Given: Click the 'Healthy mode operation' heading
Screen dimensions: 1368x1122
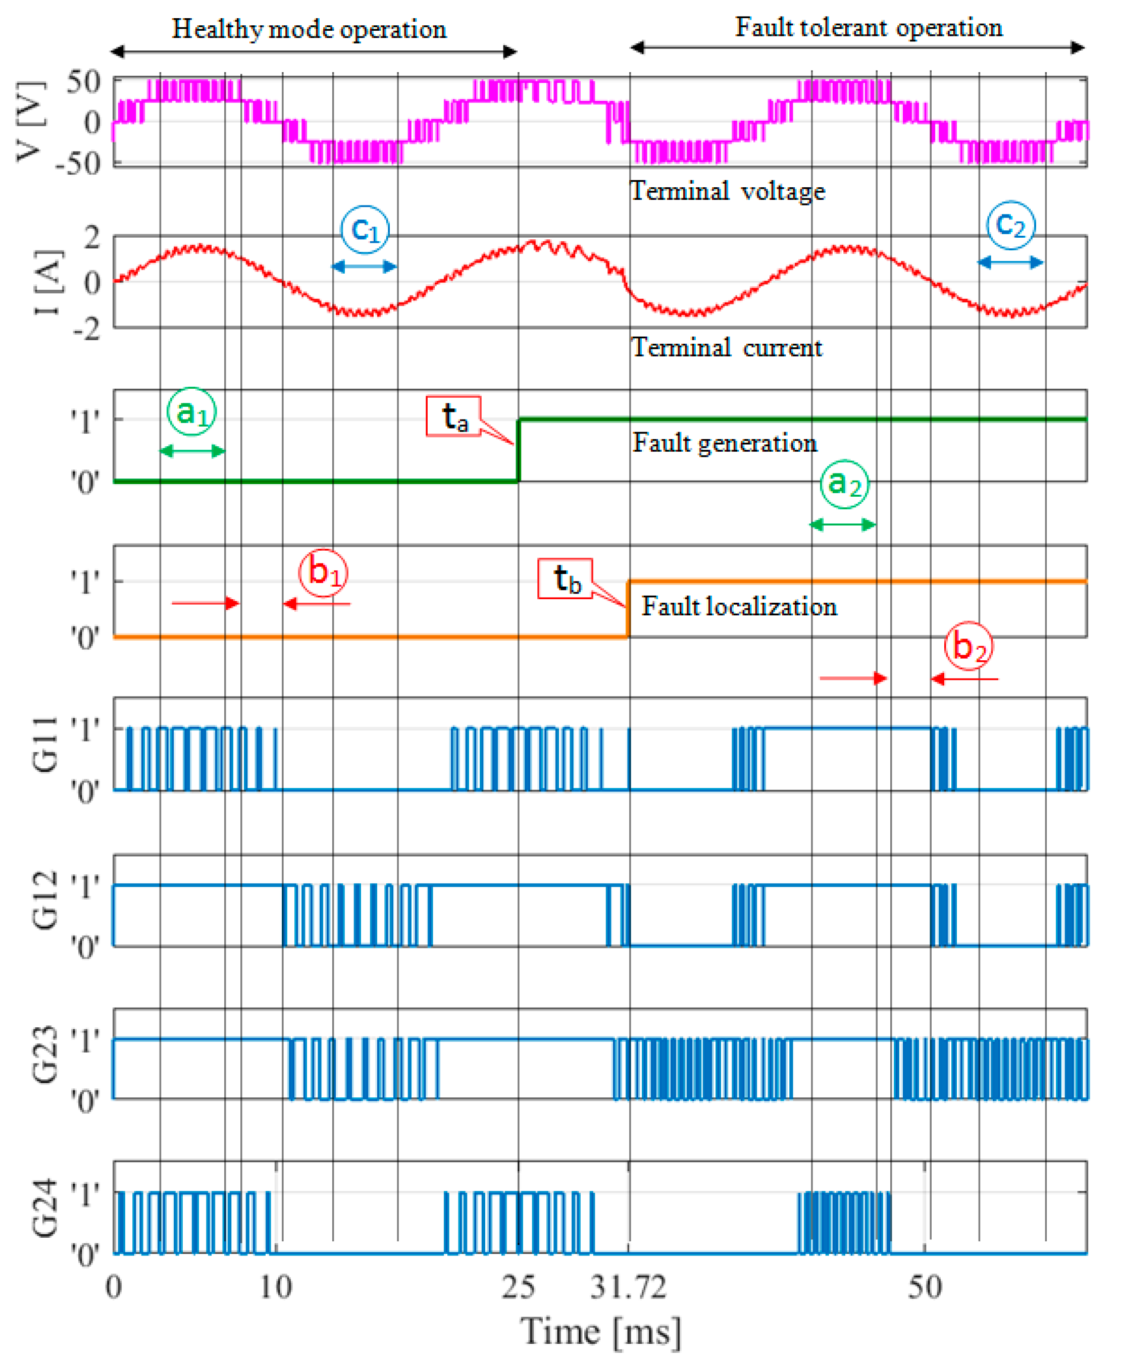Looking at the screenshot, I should pos(309,30).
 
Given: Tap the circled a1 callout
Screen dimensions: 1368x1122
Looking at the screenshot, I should pos(191,411).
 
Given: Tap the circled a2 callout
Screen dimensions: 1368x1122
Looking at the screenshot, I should pos(844,484).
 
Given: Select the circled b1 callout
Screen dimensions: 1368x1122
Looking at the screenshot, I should pos(323,572).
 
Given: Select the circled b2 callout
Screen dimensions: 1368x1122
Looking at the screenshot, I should pos(968,646).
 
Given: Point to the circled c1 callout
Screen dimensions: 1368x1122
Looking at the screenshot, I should pos(365,229).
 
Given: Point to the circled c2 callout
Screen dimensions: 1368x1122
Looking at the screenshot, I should pos(1010,225).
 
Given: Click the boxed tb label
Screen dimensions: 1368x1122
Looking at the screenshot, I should pos(566,578).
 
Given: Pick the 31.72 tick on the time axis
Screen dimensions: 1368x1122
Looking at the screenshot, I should pos(628,1288).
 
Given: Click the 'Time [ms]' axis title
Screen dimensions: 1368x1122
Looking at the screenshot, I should pos(600,1332).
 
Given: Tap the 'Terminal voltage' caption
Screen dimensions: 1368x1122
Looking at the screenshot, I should pos(727,191).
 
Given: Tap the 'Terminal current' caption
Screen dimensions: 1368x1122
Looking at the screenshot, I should pos(727,348).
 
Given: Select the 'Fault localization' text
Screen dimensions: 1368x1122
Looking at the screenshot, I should pos(739,606).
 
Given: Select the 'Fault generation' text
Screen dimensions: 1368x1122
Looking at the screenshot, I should pos(725,443).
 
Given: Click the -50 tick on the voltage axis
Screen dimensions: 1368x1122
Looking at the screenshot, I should pos(78,164).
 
